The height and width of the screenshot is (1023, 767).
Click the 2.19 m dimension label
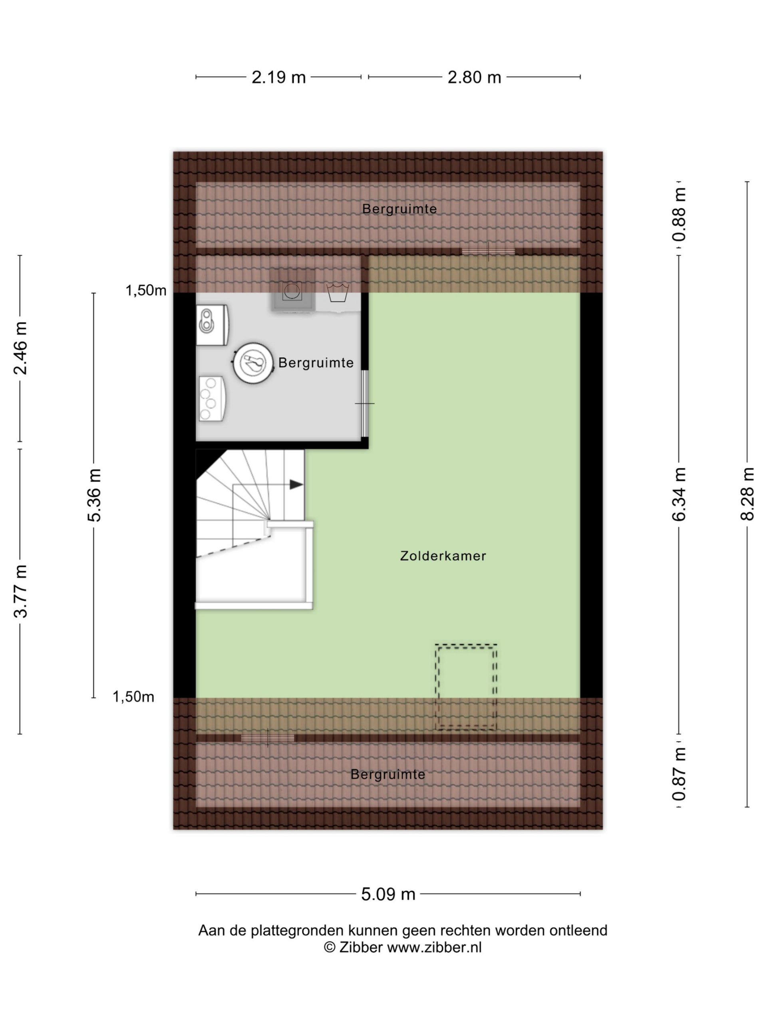click(x=278, y=77)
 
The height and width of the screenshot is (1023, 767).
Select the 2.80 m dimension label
click(x=474, y=77)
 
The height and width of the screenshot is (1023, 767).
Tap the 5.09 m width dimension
click(x=388, y=894)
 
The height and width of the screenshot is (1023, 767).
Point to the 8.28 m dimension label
click(x=747, y=494)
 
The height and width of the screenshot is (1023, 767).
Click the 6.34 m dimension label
click(x=679, y=494)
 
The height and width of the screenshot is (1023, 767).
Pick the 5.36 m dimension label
click(x=94, y=495)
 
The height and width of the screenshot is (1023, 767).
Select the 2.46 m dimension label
click(x=20, y=348)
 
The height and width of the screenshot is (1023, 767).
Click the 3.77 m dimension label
click(x=20, y=591)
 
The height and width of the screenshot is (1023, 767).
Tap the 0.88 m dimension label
click(x=679, y=215)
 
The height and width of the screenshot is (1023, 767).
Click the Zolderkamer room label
click(x=443, y=555)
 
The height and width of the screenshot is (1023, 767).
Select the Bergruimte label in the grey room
click(x=316, y=362)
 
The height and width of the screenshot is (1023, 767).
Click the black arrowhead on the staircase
click(x=296, y=485)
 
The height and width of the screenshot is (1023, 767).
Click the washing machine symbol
click(x=292, y=291)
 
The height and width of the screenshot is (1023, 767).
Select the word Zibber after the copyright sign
click(x=361, y=947)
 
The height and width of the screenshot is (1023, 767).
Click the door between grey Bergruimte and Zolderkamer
click(x=364, y=403)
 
